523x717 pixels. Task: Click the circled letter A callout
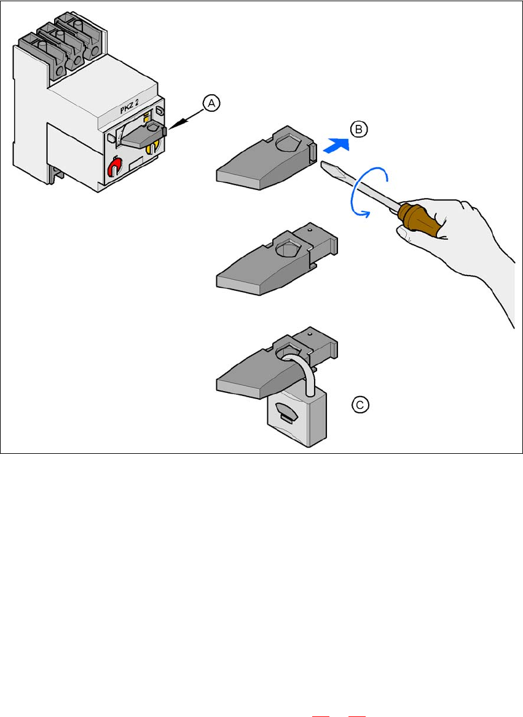pos(211,104)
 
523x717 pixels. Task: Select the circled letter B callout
pos(358,130)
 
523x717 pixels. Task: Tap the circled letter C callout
pos(360,404)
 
